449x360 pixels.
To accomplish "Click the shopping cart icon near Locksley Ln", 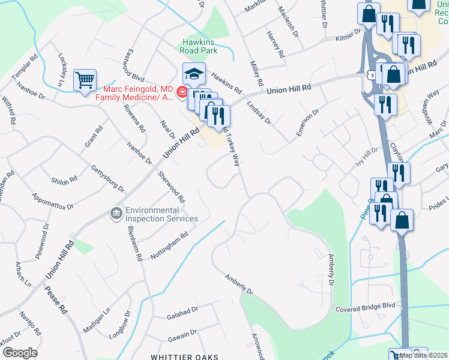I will (85, 80).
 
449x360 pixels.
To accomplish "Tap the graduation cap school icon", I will (194, 74).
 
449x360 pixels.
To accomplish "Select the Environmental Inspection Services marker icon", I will (115, 214).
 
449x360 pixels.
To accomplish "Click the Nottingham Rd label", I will (170, 247).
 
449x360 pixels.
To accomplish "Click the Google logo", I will (20, 353).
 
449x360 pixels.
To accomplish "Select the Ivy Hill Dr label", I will (367, 159).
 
